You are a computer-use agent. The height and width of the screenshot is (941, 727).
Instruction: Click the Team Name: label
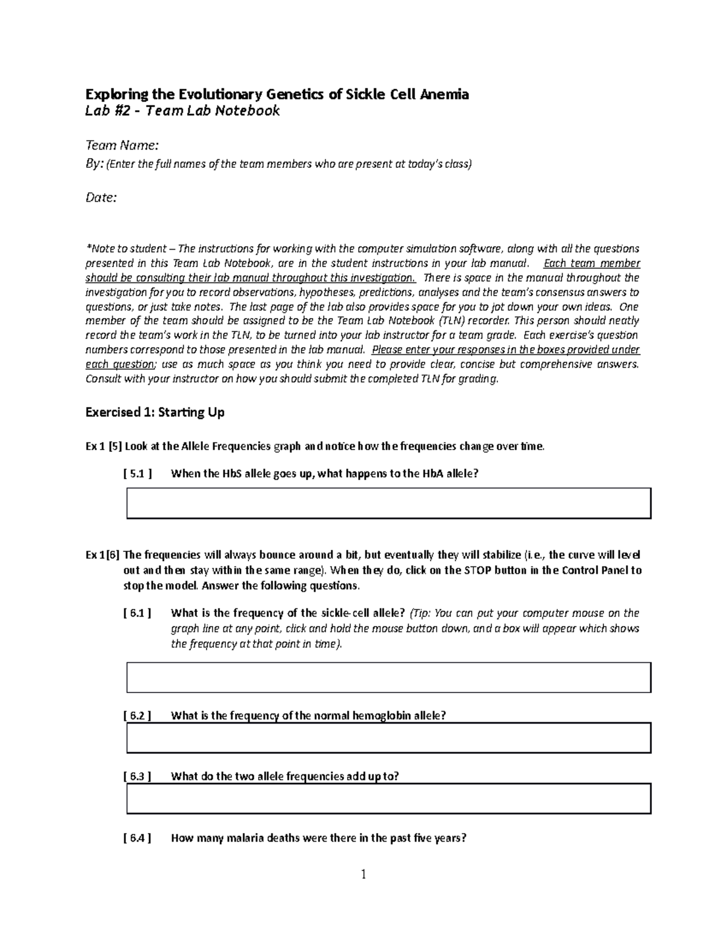(122, 145)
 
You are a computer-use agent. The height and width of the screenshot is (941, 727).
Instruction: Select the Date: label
(101, 198)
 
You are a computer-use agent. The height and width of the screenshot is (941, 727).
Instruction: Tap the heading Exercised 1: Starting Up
(155, 413)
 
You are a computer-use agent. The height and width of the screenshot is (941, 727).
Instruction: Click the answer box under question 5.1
(388, 504)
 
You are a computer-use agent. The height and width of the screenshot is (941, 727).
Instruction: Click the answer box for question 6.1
(388, 677)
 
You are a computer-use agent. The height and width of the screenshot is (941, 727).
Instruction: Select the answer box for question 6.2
(388, 738)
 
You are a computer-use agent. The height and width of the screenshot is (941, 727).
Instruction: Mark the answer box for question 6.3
(388, 799)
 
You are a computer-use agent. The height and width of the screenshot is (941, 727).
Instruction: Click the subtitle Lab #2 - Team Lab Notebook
(183, 111)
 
